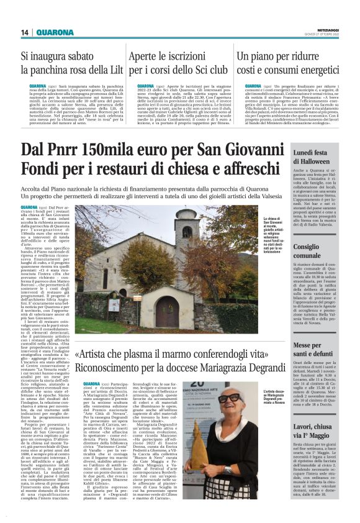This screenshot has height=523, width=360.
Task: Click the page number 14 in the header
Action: (25, 32)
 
